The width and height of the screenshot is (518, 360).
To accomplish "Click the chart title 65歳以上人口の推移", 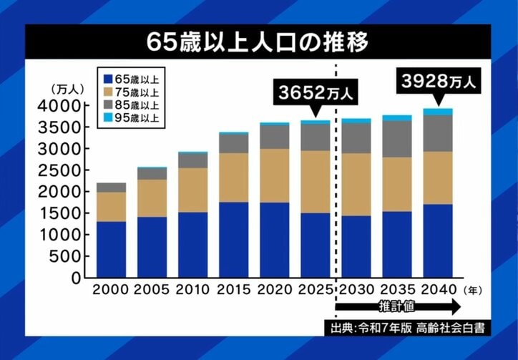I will point(258,42).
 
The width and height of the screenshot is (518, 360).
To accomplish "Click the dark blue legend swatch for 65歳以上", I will point(107,77).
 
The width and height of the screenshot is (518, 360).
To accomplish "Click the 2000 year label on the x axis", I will point(111,291).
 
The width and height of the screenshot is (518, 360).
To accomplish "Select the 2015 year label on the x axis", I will point(233,291).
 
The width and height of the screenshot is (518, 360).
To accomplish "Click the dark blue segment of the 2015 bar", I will point(233,240).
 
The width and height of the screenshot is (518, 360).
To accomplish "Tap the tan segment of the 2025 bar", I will point(315,182).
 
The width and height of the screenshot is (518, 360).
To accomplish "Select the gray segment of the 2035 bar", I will point(396,139).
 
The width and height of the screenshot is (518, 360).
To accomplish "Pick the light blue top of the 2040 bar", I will point(437,112).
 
